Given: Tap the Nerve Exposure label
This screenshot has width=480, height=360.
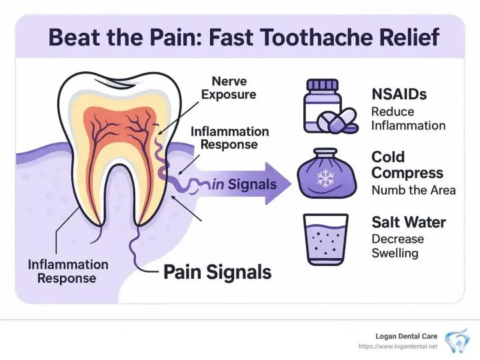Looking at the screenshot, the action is tap(229, 88).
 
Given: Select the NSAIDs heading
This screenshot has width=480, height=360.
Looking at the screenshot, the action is tap(399, 94).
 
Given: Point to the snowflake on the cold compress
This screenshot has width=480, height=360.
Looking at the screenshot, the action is tap(325, 179).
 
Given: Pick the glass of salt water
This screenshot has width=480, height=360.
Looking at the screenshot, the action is tap(326, 239).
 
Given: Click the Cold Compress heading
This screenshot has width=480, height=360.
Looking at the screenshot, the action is tap(407, 165).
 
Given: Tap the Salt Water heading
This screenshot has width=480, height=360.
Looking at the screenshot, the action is tap(409, 222).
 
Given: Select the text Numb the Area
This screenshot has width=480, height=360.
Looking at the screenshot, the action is tap(413, 191).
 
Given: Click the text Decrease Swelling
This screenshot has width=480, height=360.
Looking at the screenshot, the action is tap(397, 246).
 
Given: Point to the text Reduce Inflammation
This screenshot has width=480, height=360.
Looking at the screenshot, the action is tap(409, 119).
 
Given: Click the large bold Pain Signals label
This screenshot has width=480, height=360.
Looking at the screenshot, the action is tap(217, 272).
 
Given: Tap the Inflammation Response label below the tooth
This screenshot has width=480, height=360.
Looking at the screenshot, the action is tap(68, 271).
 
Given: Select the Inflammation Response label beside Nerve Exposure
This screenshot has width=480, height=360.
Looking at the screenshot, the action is tap(229, 138).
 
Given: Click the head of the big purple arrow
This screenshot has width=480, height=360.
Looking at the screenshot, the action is tap(277, 184).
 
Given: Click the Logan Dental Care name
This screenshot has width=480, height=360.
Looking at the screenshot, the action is tap(406, 336).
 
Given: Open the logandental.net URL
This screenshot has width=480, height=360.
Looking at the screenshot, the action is tap(398, 347).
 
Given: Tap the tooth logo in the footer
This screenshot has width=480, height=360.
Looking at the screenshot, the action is tap(457, 341).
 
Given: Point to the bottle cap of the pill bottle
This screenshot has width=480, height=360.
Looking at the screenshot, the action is tap(323, 84).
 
